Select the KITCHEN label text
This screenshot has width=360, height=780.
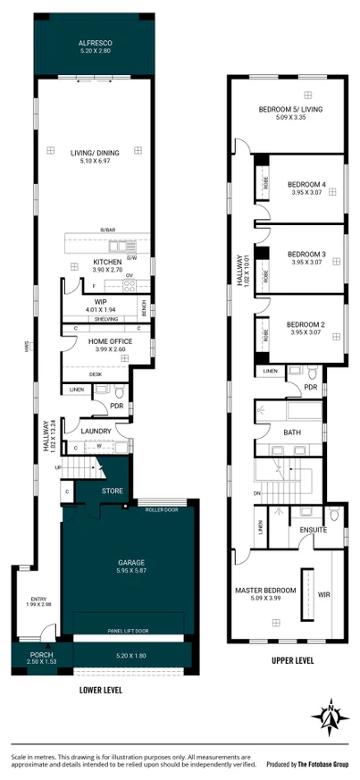tap(107, 262)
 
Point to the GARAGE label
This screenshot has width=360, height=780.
tap(131, 563)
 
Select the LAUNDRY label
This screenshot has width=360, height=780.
tap(96, 432)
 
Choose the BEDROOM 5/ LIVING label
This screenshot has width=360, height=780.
tap(290, 109)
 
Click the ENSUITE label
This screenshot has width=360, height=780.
tap(313, 531)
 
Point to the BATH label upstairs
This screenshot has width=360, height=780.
tap(291, 432)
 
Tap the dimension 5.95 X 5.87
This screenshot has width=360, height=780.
tap(131, 571)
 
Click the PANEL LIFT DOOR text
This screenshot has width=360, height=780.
tap(130, 631)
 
